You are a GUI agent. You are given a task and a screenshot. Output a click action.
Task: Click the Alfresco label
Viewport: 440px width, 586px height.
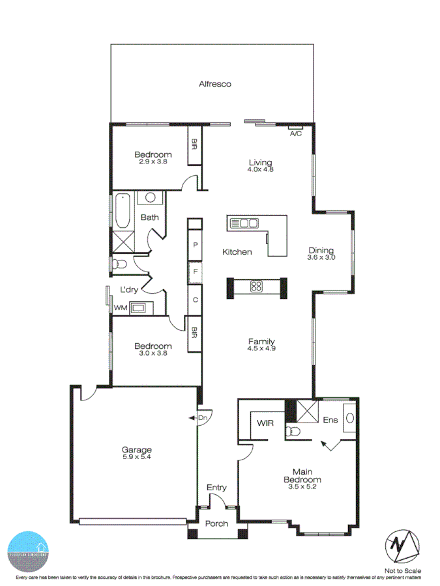point(215,84)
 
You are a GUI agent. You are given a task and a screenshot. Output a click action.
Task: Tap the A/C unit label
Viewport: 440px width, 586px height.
point(295,133)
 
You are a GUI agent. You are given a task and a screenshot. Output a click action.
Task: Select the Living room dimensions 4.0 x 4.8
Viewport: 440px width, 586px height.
point(260,169)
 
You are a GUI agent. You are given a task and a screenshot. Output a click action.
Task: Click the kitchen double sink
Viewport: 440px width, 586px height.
point(244,223)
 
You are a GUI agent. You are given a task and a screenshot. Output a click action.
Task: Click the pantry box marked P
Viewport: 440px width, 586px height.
point(195,245)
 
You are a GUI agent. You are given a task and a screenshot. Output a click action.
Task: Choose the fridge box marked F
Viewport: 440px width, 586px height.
point(195,272)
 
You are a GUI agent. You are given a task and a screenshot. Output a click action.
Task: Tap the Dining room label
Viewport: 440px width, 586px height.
point(321,250)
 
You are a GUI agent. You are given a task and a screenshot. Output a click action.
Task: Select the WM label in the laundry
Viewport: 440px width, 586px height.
point(121,307)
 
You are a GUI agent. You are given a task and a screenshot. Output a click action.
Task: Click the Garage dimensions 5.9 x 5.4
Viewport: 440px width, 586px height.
point(137,457)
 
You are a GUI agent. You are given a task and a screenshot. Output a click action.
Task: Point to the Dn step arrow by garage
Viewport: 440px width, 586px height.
point(200,418)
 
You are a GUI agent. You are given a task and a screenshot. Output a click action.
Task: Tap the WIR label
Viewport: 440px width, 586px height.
point(265,423)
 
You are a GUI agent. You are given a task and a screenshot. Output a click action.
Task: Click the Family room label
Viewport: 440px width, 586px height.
point(261,341)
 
